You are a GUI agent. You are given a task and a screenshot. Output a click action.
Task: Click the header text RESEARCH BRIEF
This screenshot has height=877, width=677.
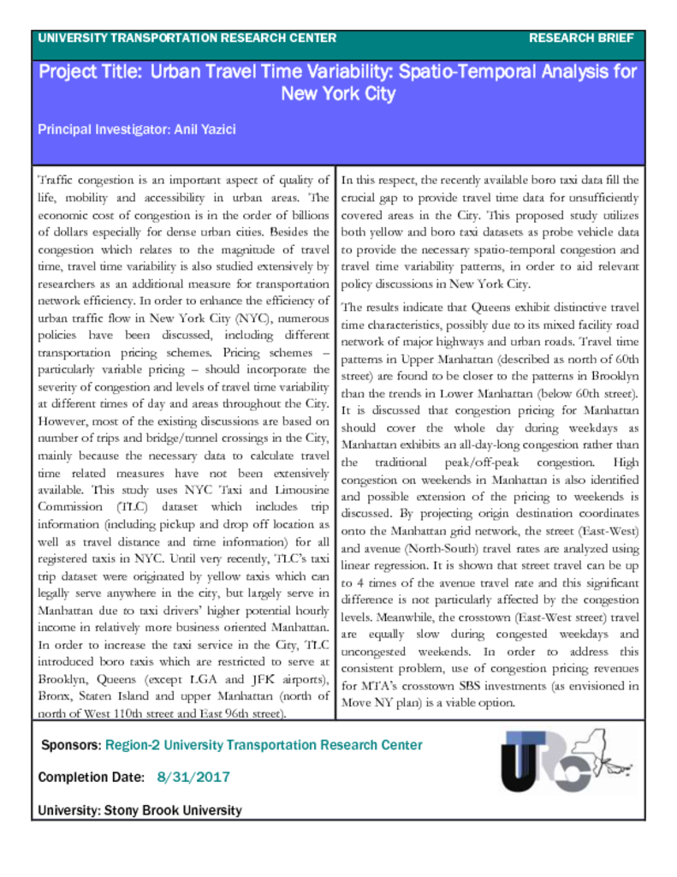[581, 38]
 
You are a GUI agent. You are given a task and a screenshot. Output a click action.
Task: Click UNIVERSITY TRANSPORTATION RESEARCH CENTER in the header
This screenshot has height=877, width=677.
[187, 38]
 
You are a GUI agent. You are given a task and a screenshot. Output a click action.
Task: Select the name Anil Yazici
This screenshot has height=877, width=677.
[205, 129]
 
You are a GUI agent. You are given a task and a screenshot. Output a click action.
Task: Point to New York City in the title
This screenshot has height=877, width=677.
[338, 93]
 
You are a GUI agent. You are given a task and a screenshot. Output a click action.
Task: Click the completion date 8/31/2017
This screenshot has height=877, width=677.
[193, 777]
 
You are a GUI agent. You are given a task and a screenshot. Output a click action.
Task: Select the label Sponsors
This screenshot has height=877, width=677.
[71, 745]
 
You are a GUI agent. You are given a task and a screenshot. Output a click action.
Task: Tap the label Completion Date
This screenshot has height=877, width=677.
[91, 777]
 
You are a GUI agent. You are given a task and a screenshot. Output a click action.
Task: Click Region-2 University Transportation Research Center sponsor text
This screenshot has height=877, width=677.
[264, 745]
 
